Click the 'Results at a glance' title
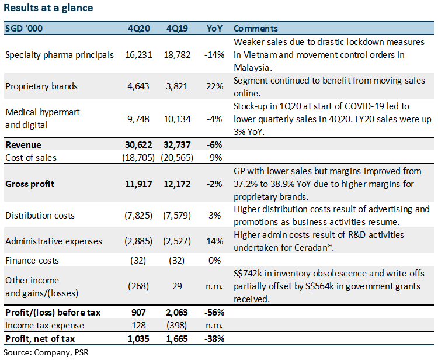click(48, 8)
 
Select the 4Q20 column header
click(139, 29)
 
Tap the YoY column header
click(214, 29)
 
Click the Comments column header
click(256, 29)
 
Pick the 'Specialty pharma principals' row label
click(60, 55)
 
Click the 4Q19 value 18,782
click(177, 55)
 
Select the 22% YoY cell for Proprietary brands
click(214, 86)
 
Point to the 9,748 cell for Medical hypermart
click(138, 119)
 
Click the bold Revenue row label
click(23, 145)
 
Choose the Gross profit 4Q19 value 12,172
click(177, 184)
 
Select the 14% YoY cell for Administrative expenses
click(214, 241)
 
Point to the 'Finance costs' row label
click(32, 261)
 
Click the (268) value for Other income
click(138, 286)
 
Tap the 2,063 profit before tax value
click(177, 313)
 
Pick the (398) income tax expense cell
click(177, 326)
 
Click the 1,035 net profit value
click(138, 339)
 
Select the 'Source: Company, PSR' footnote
click(46, 353)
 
